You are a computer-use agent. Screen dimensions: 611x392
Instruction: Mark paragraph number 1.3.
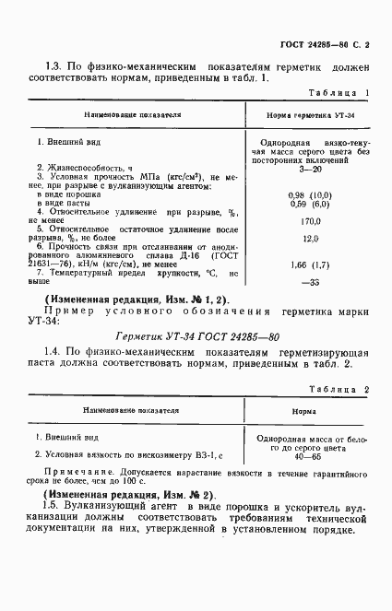[x=53, y=65]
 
